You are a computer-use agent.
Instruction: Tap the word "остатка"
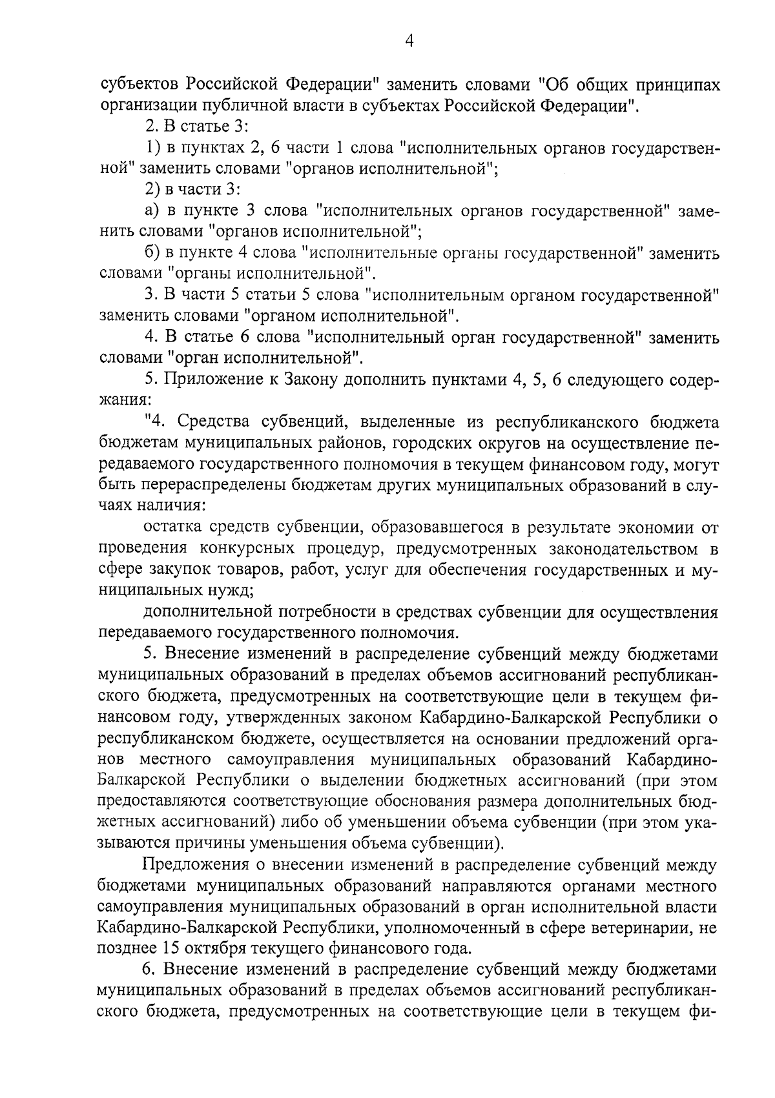click(174, 527)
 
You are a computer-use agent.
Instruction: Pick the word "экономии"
click(646, 527)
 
